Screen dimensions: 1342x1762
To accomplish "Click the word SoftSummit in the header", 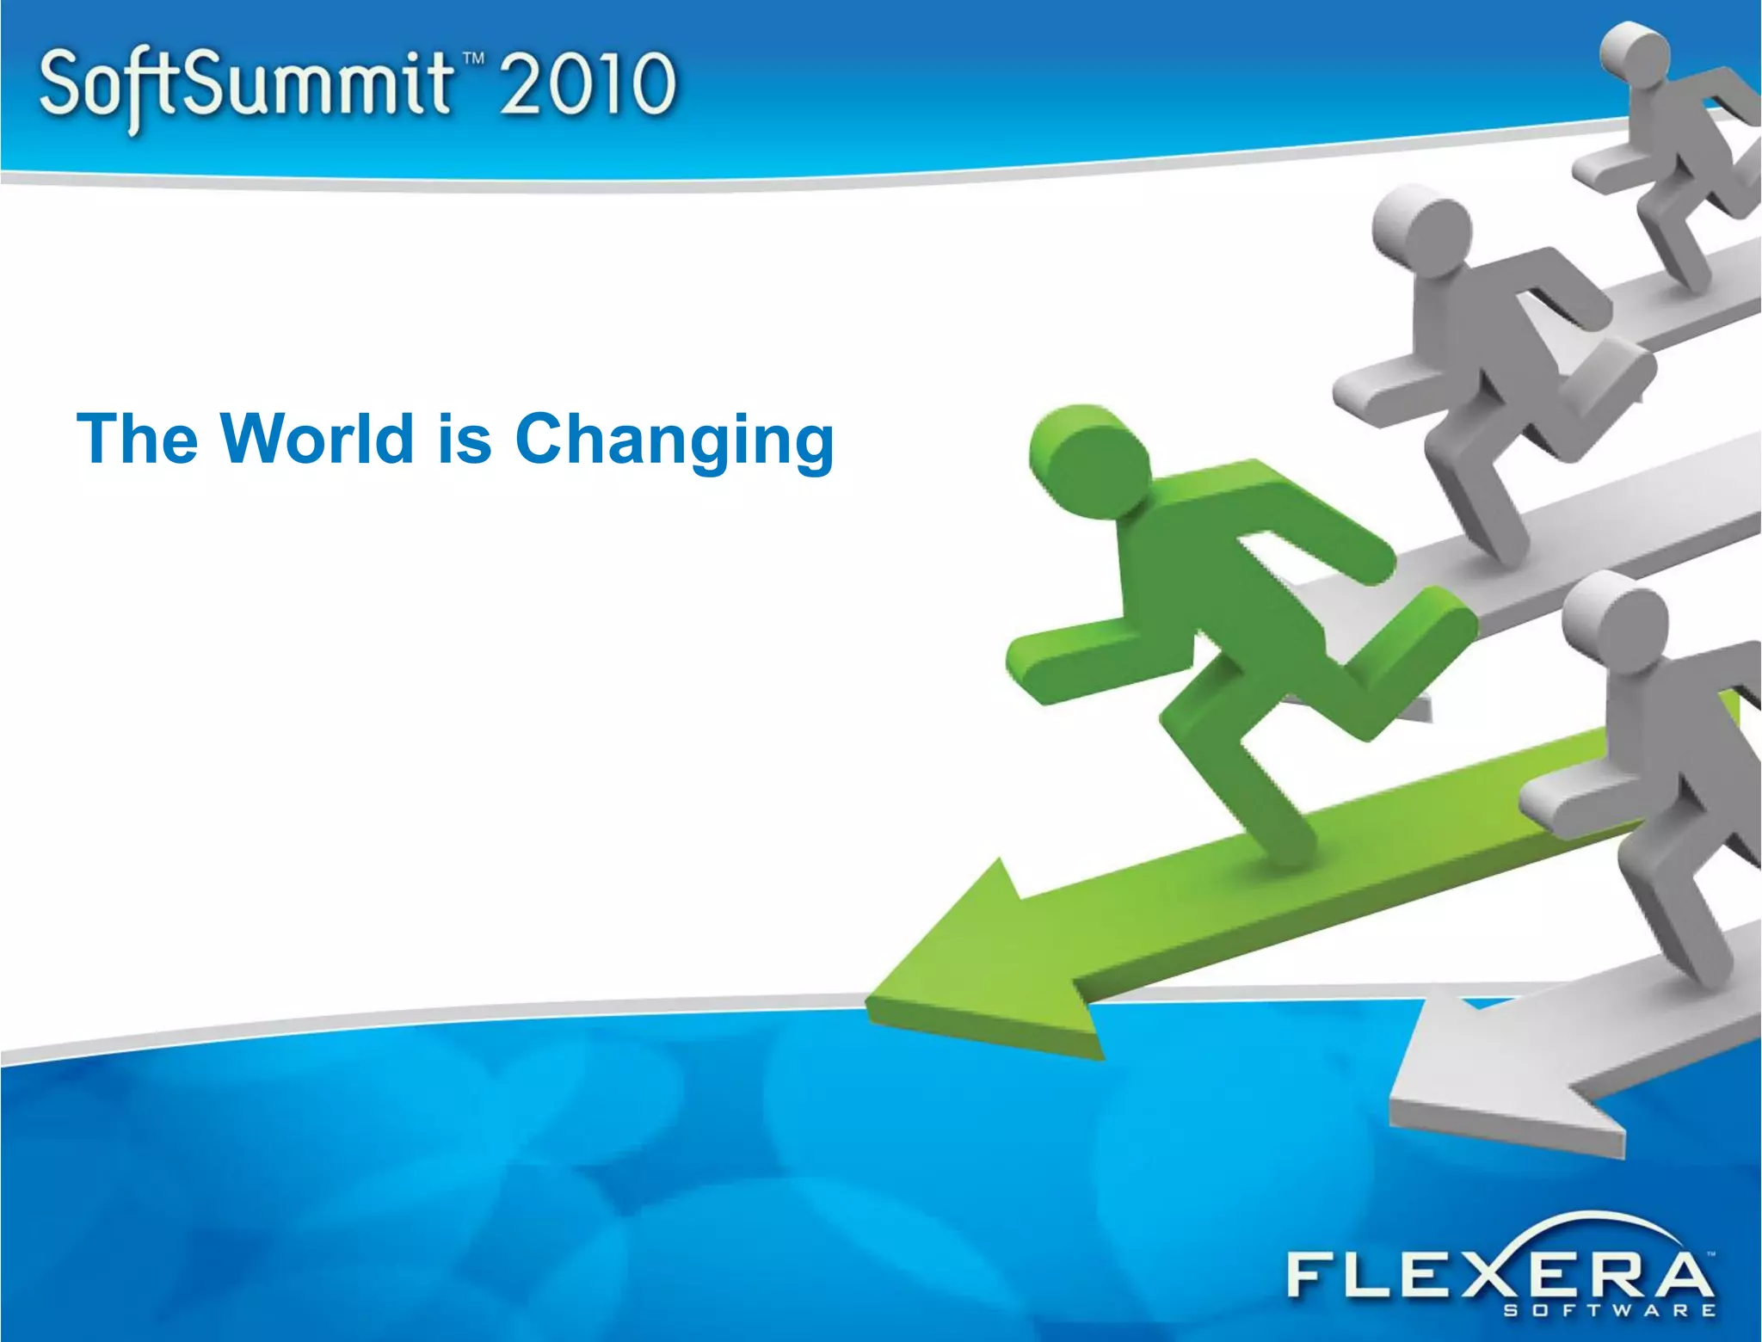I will click(x=245, y=86).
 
